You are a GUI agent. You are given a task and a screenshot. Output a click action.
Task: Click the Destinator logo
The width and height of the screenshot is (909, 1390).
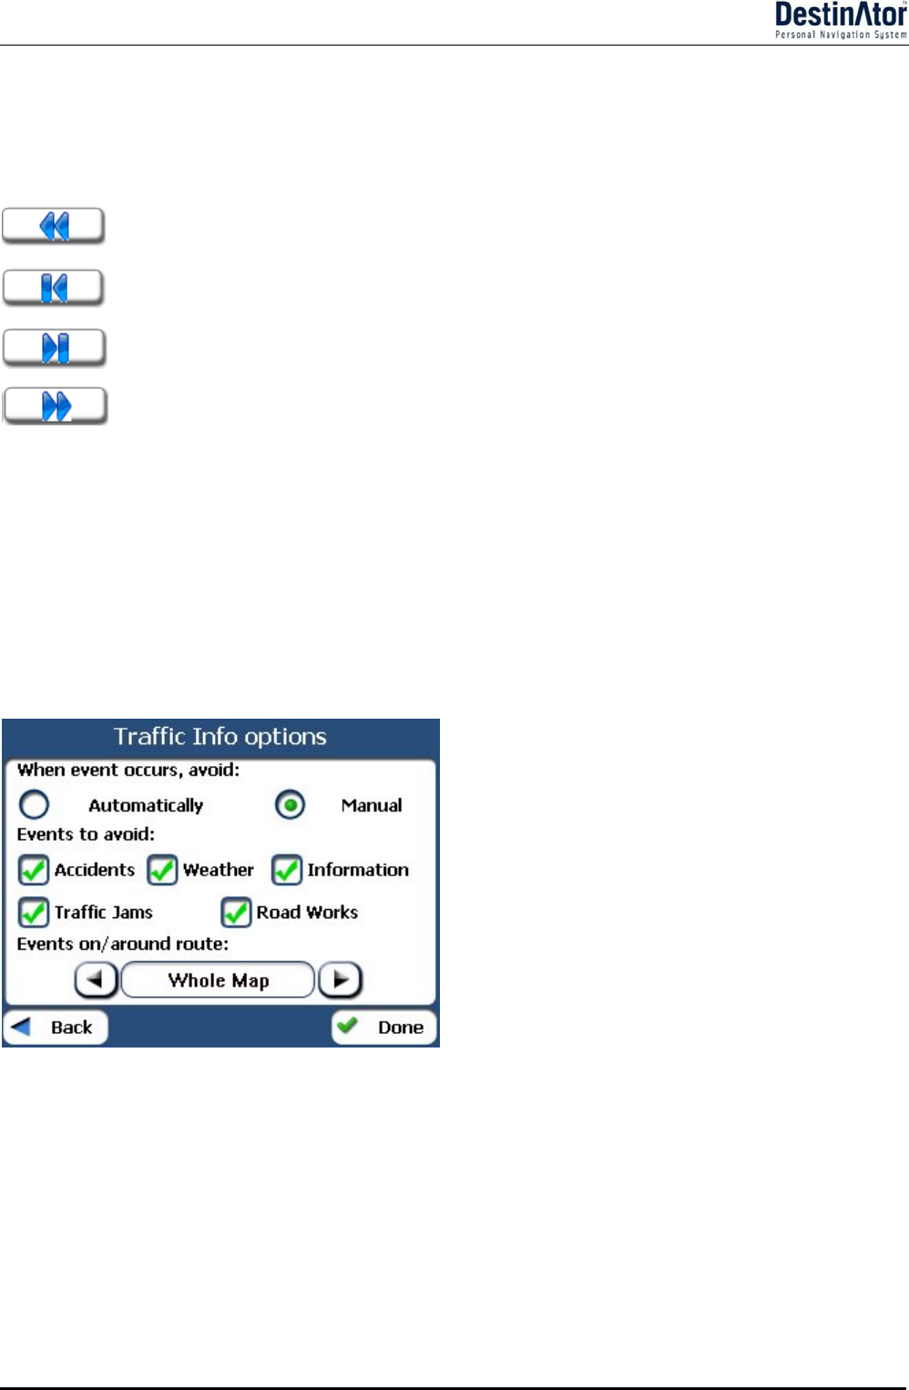[x=840, y=20]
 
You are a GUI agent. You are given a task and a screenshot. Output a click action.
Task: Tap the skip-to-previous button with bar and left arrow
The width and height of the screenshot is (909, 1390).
[x=54, y=288]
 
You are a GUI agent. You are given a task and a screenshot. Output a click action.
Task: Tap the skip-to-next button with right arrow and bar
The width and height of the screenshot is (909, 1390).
[x=55, y=348]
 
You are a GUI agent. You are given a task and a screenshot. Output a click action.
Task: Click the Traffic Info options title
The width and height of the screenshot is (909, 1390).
[x=220, y=736]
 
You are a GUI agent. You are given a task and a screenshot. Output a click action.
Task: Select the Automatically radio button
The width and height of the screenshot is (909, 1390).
[x=35, y=805]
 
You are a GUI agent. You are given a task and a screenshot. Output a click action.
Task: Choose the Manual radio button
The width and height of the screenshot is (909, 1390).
[x=291, y=805]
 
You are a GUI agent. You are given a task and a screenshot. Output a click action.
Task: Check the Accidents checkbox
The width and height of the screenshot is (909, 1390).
[x=34, y=870]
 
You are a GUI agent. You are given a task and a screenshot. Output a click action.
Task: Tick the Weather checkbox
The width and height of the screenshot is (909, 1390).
[x=162, y=870]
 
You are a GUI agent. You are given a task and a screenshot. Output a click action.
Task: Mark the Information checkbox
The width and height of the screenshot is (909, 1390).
[x=287, y=870]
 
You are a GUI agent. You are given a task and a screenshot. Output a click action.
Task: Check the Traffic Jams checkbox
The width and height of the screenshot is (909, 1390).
[x=34, y=912]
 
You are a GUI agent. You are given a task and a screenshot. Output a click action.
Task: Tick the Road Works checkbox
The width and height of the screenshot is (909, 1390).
[x=236, y=912]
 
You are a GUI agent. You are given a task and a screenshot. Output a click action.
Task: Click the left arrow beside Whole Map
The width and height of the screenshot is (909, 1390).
[x=96, y=980]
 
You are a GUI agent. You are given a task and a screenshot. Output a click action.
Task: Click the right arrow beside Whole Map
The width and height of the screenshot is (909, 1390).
[x=341, y=980]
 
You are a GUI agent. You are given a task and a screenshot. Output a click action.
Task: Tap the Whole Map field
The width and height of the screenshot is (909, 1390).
[x=219, y=980]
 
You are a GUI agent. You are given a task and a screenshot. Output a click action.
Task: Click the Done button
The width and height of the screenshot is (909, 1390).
[x=383, y=1027]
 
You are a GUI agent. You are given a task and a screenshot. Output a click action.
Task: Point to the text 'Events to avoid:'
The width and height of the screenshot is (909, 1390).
[x=86, y=834]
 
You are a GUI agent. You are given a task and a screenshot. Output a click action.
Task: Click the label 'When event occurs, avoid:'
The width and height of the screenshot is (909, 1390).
[x=128, y=771]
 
